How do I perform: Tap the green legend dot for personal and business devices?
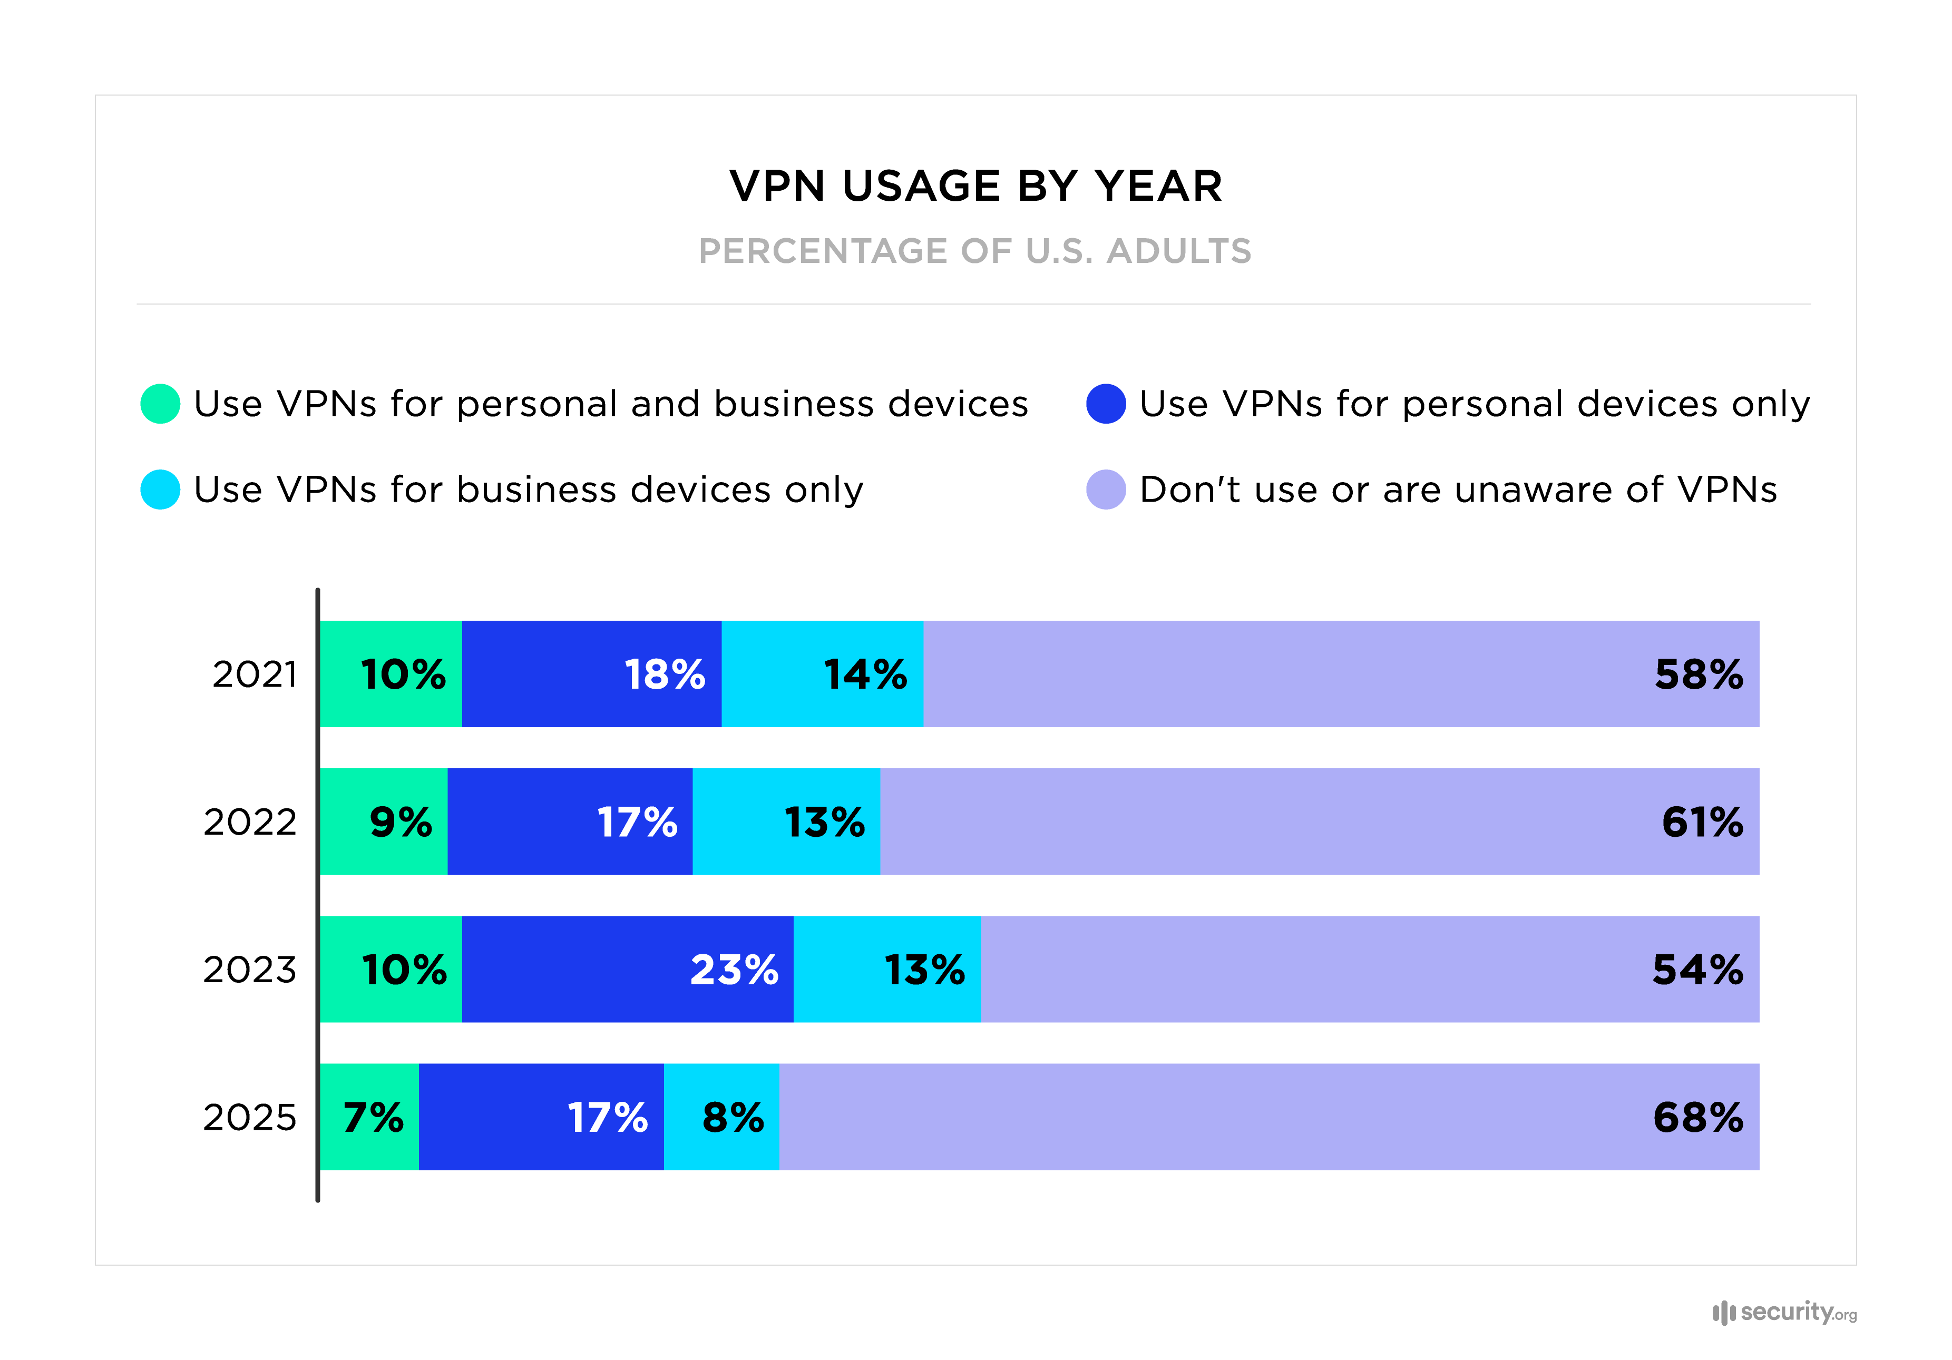pyautogui.click(x=160, y=404)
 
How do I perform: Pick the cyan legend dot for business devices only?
pyautogui.click(x=160, y=490)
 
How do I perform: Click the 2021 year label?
pyautogui.click(x=254, y=674)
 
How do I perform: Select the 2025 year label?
pyautogui.click(x=249, y=1117)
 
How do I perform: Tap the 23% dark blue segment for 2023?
pyautogui.click(x=628, y=969)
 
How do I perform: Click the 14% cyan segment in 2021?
pyautogui.click(x=822, y=674)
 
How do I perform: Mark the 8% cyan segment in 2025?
pyautogui.click(x=721, y=1117)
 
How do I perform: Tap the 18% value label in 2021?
pyautogui.click(x=664, y=674)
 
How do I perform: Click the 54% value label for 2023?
pyautogui.click(x=1697, y=969)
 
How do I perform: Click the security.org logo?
pyautogui.click(x=1784, y=1313)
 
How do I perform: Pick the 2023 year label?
pyautogui.click(x=249, y=969)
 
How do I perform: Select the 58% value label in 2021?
pyautogui.click(x=1698, y=674)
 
